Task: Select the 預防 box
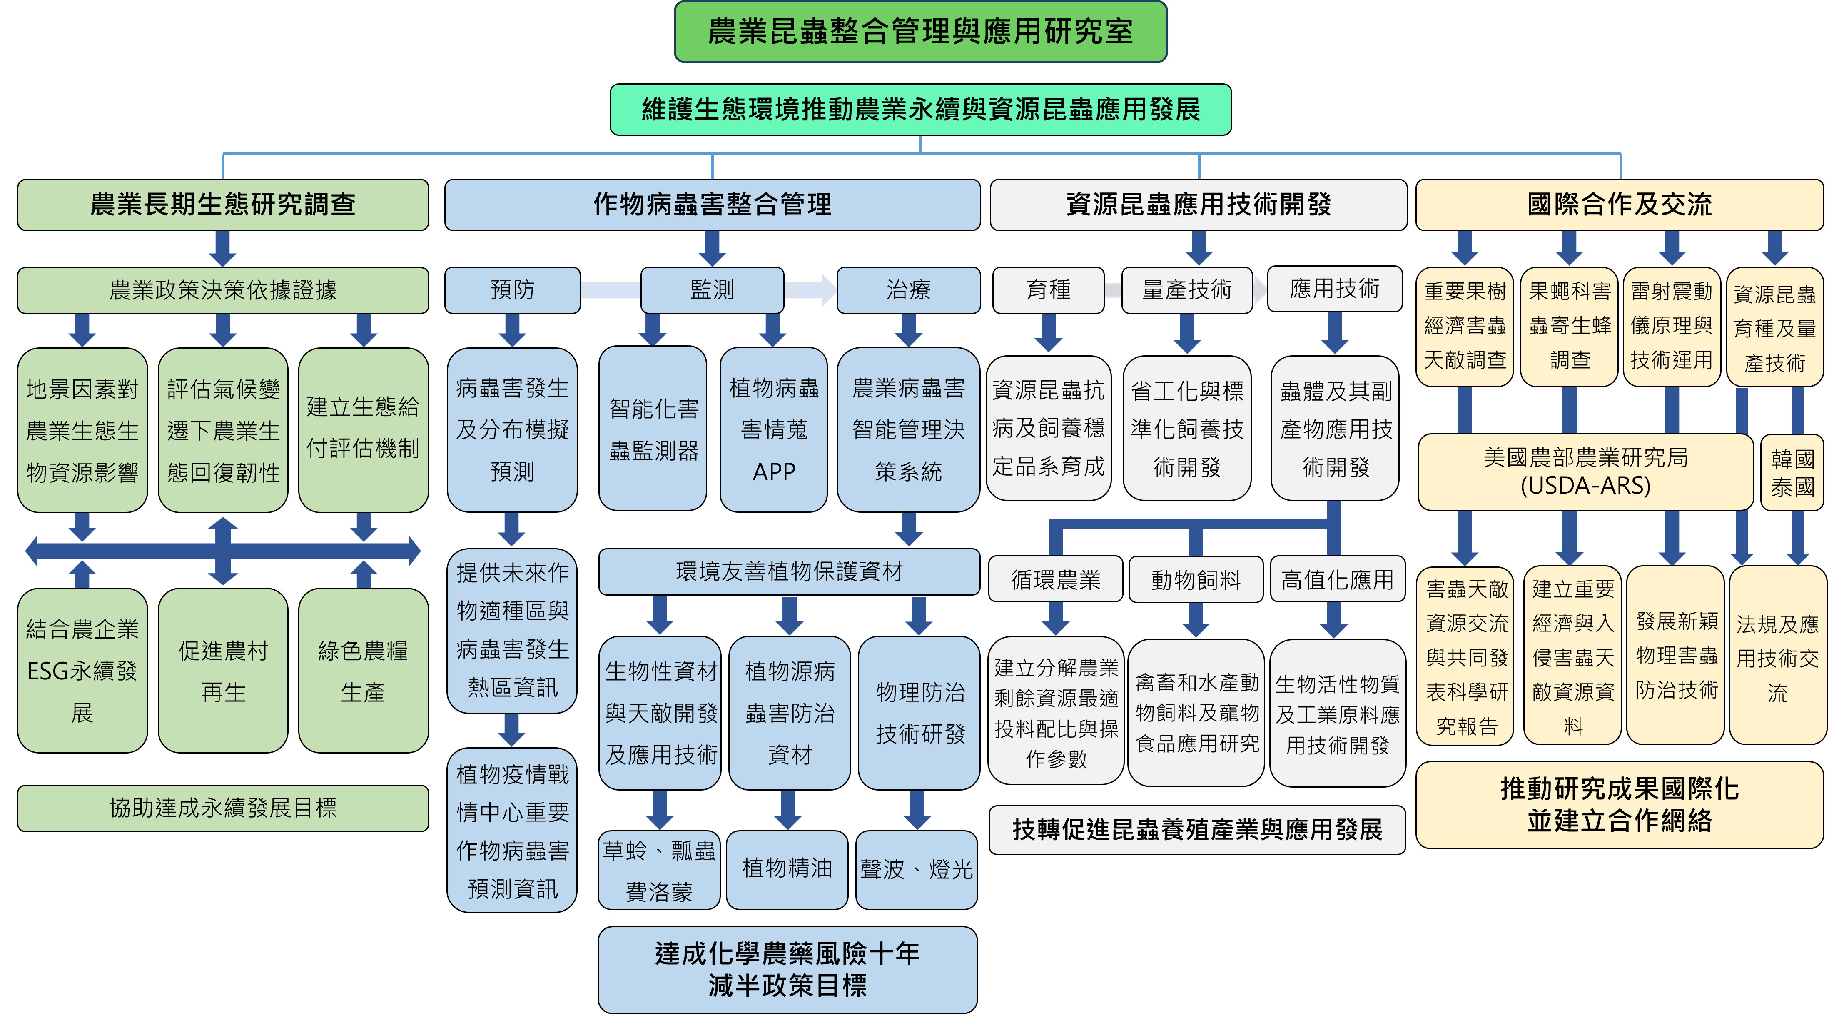point(512,290)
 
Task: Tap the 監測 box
point(712,290)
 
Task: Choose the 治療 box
point(908,290)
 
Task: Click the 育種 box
point(1048,290)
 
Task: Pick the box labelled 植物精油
point(787,868)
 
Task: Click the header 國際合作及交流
point(1619,205)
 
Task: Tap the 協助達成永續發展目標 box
point(223,808)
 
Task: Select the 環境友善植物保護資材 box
point(789,571)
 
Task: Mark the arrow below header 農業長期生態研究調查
point(223,248)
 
